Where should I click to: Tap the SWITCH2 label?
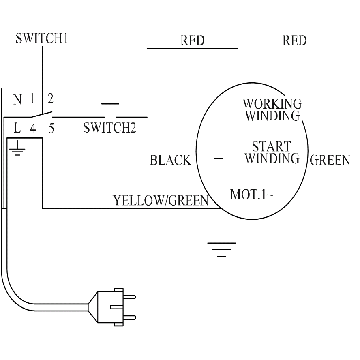109,128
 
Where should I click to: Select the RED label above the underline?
193,41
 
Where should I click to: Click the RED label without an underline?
294,41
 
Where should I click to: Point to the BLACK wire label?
170,161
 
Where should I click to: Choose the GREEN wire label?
330,161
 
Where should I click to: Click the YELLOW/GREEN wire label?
161,200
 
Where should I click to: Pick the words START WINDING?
272,152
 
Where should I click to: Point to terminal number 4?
33,129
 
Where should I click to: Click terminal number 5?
51,129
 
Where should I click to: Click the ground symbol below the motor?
221,249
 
